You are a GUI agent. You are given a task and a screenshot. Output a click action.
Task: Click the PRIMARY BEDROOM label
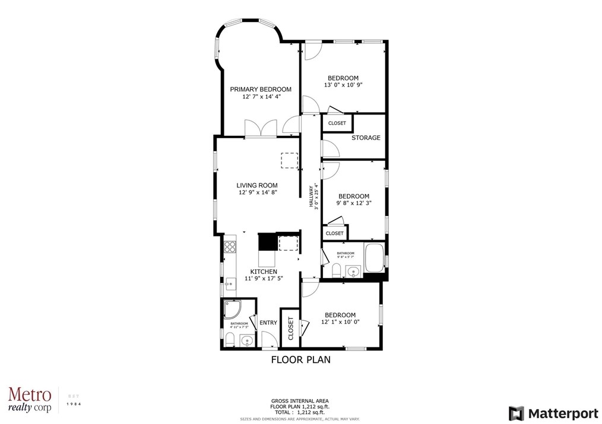pos(261,90)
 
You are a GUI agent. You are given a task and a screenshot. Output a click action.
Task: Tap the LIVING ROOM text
pos(257,186)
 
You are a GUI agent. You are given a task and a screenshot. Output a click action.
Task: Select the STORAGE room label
pos(366,138)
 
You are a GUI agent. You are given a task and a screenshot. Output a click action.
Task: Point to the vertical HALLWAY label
pos(311,196)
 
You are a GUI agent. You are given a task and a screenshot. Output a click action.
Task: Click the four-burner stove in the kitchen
pos(230,244)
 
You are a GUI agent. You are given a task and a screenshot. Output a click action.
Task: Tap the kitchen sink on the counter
pos(230,283)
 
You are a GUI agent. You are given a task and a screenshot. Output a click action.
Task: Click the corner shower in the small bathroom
pos(232,310)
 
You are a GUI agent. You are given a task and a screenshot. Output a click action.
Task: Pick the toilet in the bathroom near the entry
pos(230,340)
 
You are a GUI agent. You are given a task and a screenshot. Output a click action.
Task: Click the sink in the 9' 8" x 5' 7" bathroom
pos(354,272)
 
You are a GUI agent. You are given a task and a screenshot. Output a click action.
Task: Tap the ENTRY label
pos(268,323)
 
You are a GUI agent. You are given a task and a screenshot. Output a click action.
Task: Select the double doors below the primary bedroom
pos(261,128)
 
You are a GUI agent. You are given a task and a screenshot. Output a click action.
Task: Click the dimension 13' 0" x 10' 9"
pos(343,85)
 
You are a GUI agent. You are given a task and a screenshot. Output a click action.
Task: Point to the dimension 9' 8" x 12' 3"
pos(353,203)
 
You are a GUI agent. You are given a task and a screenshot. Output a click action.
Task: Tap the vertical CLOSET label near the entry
pos(290,328)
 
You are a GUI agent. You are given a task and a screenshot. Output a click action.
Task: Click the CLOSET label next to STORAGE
pos(337,123)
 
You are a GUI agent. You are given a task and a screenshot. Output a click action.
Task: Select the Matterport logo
pos(550,412)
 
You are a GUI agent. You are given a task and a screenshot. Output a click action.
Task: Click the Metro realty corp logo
pos(30,400)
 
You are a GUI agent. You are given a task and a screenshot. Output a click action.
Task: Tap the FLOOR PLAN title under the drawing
pos(300,359)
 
